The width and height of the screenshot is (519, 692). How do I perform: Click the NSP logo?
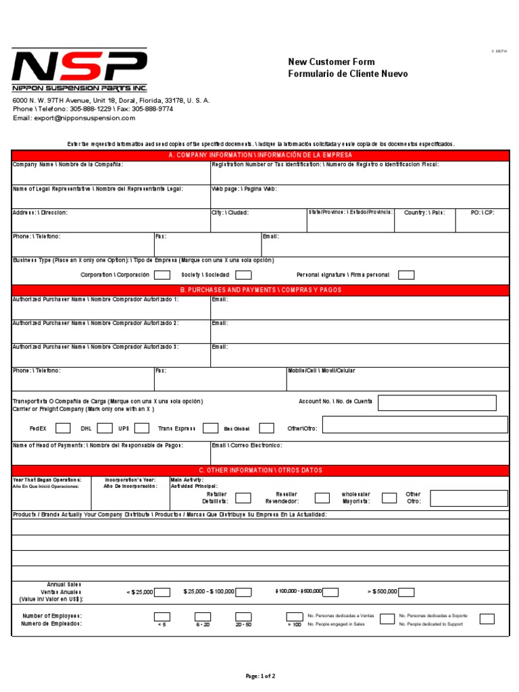pyautogui.click(x=79, y=70)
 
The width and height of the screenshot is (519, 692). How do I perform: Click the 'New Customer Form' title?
pyautogui.click(x=331, y=62)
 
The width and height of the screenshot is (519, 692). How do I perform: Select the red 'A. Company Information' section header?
pyautogui.click(x=260, y=155)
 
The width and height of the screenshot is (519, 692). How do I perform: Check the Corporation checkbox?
pyautogui.click(x=162, y=275)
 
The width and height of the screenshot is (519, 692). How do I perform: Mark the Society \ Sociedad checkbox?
pyautogui.click(x=243, y=275)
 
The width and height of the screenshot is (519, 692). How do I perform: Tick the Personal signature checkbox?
pyautogui.click(x=406, y=275)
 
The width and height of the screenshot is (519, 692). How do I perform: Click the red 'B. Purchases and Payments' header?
pyautogui.click(x=260, y=290)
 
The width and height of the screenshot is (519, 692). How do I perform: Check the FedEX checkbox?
pyautogui.click(x=63, y=428)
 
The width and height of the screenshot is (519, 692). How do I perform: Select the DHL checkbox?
pyautogui.click(x=105, y=428)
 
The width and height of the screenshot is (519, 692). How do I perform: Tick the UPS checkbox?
pyautogui.click(x=142, y=428)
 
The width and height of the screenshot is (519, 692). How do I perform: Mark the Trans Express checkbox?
pyautogui.click(x=211, y=428)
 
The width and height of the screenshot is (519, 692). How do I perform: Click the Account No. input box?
pyautogui.click(x=437, y=403)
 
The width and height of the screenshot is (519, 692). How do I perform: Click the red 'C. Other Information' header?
pyautogui.click(x=260, y=470)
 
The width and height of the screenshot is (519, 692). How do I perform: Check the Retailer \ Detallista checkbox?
pyautogui.click(x=243, y=498)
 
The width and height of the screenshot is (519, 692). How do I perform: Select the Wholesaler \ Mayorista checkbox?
pyautogui.click(x=389, y=498)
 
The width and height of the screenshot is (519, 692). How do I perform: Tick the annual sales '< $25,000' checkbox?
pyautogui.click(x=162, y=592)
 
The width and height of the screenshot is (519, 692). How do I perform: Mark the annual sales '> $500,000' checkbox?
pyautogui.click(x=407, y=592)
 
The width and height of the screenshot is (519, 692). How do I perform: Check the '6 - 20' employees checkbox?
pyautogui.click(x=203, y=616)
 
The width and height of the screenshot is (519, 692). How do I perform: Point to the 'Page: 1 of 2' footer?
pyautogui.click(x=260, y=676)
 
